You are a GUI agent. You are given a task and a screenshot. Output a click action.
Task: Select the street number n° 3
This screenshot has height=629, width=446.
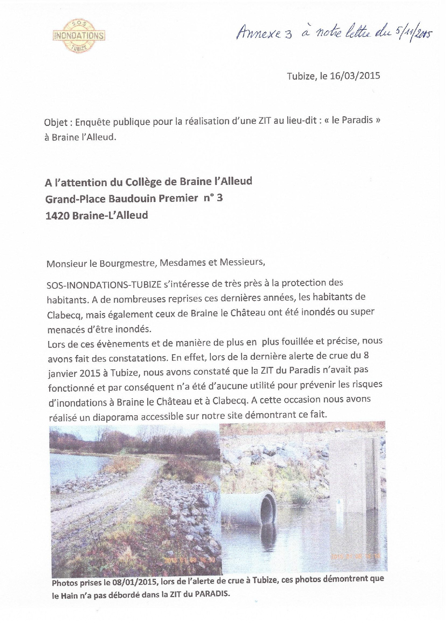click(213, 198)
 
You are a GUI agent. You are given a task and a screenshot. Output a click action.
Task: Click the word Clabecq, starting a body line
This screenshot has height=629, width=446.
click(62, 314)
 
